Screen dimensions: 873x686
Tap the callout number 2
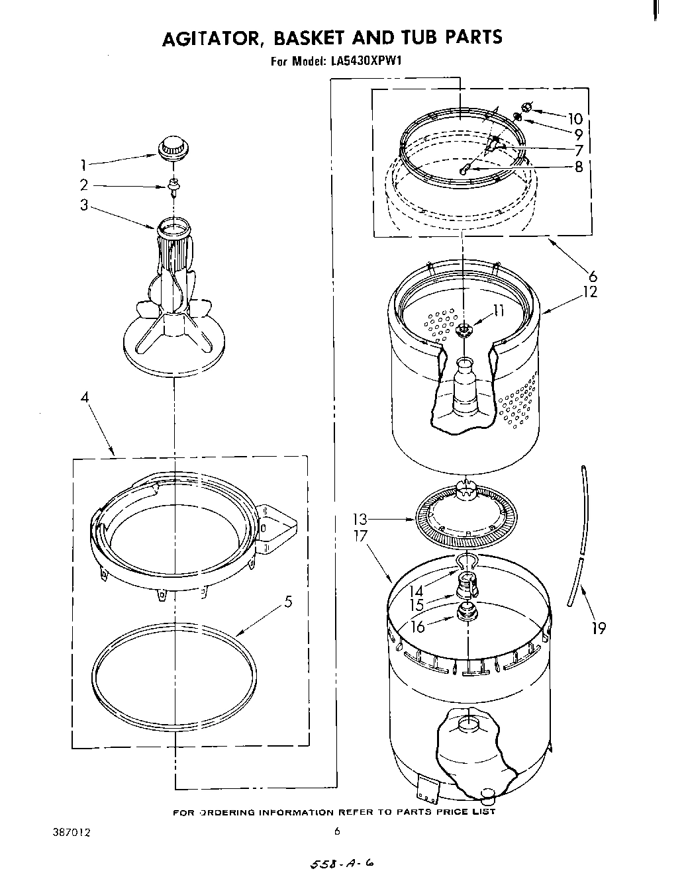pyautogui.click(x=83, y=185)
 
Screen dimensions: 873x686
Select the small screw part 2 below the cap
pyautogui.click(x=173, y=186)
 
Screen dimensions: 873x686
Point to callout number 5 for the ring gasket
pyautogui.click(x=288, y=602)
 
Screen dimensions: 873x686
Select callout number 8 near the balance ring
pyautogui.click(x=578, y=167)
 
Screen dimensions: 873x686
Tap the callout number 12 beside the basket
pyautogui.click(x=589, y=291)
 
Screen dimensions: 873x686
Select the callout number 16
pyautogui.click(x=418, y=625)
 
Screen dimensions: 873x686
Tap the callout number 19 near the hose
pyautogui.click(x=598, y=627)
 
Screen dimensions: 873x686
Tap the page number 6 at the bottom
pyautogui.click(x=336, y=832)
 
